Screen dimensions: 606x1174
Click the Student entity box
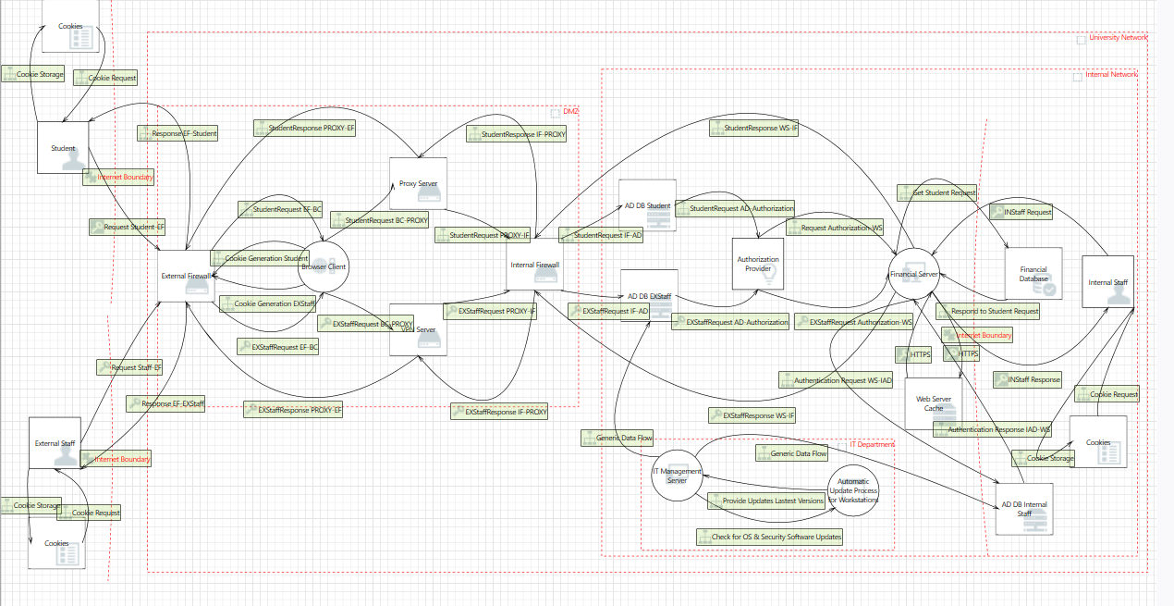click(63, 147)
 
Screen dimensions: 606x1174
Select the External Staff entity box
click(55, 443)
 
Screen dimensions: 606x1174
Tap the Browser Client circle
click(324, 267)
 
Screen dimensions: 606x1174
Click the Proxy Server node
click(419, 183)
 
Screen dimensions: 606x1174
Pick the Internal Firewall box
click(535, 266)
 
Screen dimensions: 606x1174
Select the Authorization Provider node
click(757, 265)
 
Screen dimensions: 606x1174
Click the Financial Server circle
click(913, 274)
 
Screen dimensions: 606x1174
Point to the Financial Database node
click(1033, 274)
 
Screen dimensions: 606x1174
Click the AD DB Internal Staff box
click(1024, 509)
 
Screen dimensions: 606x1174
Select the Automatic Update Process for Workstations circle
click(853, 491)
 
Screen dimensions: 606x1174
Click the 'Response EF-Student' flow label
click(178, 133)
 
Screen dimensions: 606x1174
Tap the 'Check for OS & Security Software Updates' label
click(770, 537)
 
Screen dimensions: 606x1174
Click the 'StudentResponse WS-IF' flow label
click(754, 128)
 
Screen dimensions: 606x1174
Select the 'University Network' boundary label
click(1118, 38)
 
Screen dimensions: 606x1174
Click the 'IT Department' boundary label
click(872, 444)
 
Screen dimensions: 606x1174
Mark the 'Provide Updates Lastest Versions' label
click(766, 501)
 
